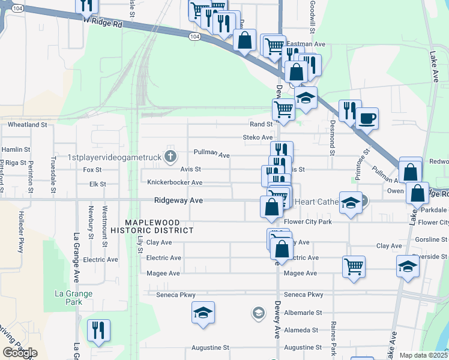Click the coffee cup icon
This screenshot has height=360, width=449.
point(367,118)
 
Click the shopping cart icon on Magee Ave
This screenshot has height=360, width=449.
point(354,266)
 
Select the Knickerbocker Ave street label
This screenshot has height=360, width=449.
point(171,182)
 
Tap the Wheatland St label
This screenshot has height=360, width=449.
point(27,125)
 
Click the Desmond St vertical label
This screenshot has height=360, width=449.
point(331,140)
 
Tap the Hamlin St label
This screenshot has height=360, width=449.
point(16,149)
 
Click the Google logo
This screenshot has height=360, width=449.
point(20,353)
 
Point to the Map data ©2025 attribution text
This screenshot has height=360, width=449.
point(423,355)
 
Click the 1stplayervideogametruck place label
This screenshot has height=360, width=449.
point(114,158)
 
